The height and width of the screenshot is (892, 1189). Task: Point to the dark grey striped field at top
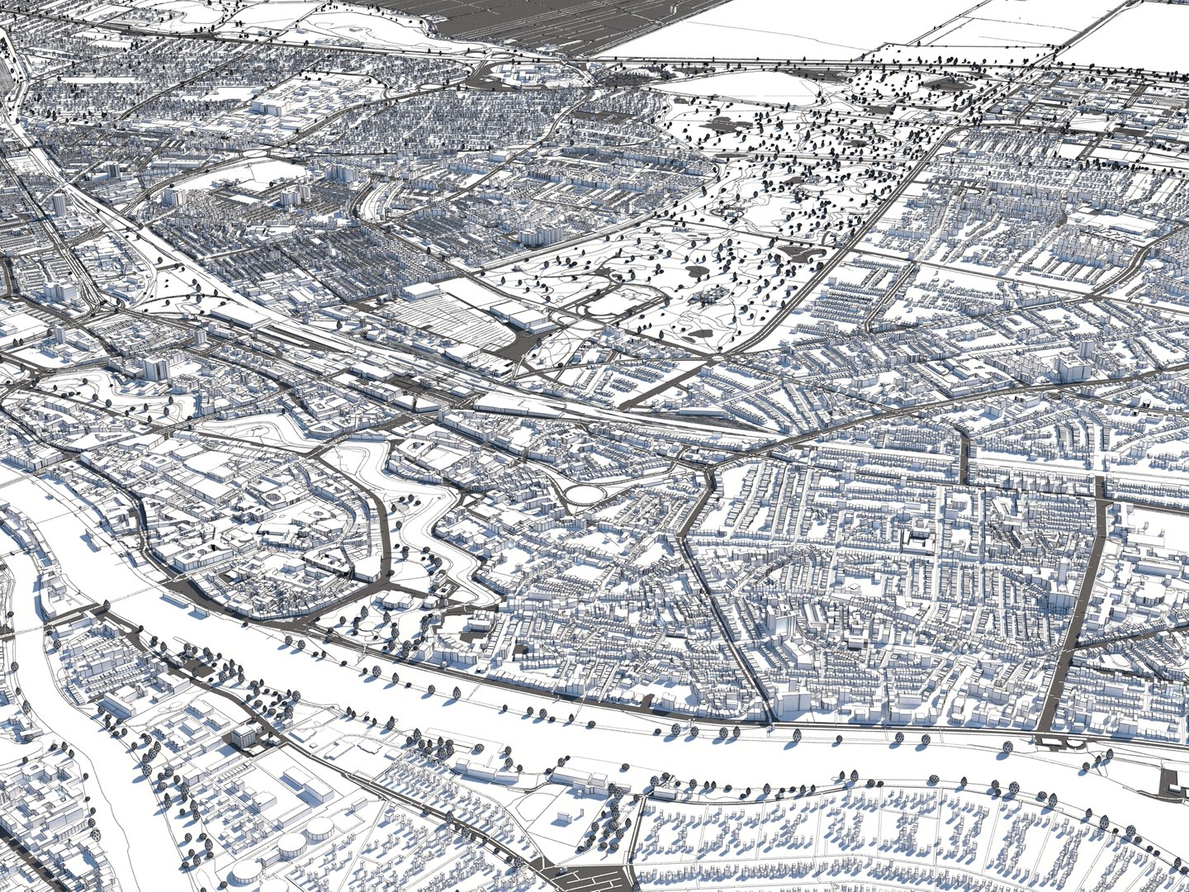495,21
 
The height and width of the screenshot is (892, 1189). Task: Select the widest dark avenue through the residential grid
1073,611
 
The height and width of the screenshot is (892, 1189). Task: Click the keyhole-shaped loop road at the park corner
615,306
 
